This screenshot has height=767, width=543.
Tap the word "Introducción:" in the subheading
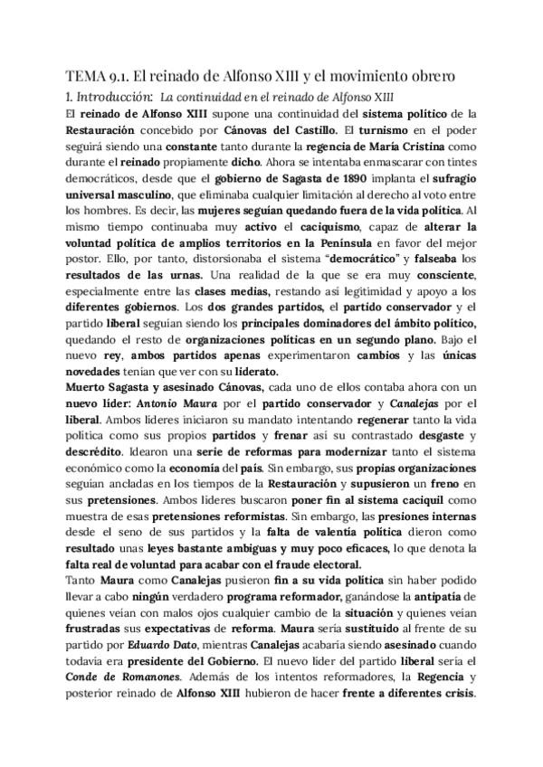[113, 96]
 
